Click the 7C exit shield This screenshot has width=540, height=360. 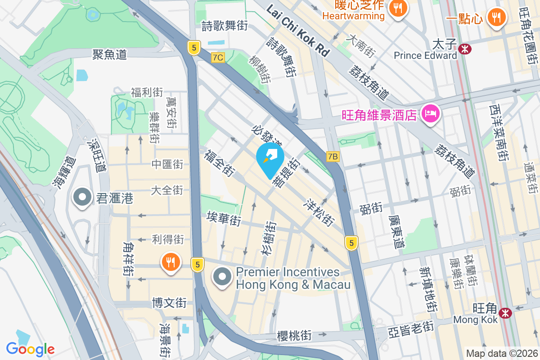218,57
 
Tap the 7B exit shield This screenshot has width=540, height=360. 333,156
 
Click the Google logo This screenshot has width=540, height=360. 31,349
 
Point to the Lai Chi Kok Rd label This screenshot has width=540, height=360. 298,31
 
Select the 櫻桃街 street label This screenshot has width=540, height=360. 294,335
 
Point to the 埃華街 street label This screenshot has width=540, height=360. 223,219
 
